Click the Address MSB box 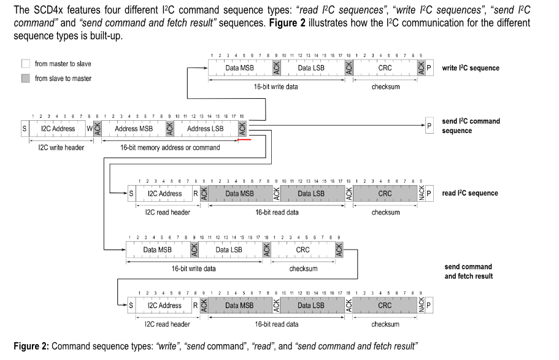pyautogui.click(x=134, y=129)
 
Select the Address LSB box pyautogui.click(x=206, y=129)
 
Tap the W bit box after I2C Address pyautogui.click(x=90, y=129)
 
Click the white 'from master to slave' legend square pyautogui.click(x=26, y=64)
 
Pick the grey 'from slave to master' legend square pyautogui.click(x=26, y=79)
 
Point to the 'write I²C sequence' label pyautogui.click(x=471, y=68)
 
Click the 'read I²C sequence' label pyautogui.click(x=469, y=193)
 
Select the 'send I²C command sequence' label pyautogui.click(x=471, y=126)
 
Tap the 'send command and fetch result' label pyautogui.click(x=468, y=271)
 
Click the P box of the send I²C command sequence pyautogui.click(x=429, y=126)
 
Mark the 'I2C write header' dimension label pyautogui.click(x=58, y=147)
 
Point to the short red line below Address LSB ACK pyautogui.click(x=244, y=140)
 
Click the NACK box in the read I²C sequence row pyautogui.click(x=421, y=193)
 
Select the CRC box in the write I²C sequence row pyautogui.click(x=385, y=68)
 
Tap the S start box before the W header pyautogui.click(x=25, y=129)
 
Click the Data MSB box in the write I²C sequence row pyautogui.click(x=240, y=68)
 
